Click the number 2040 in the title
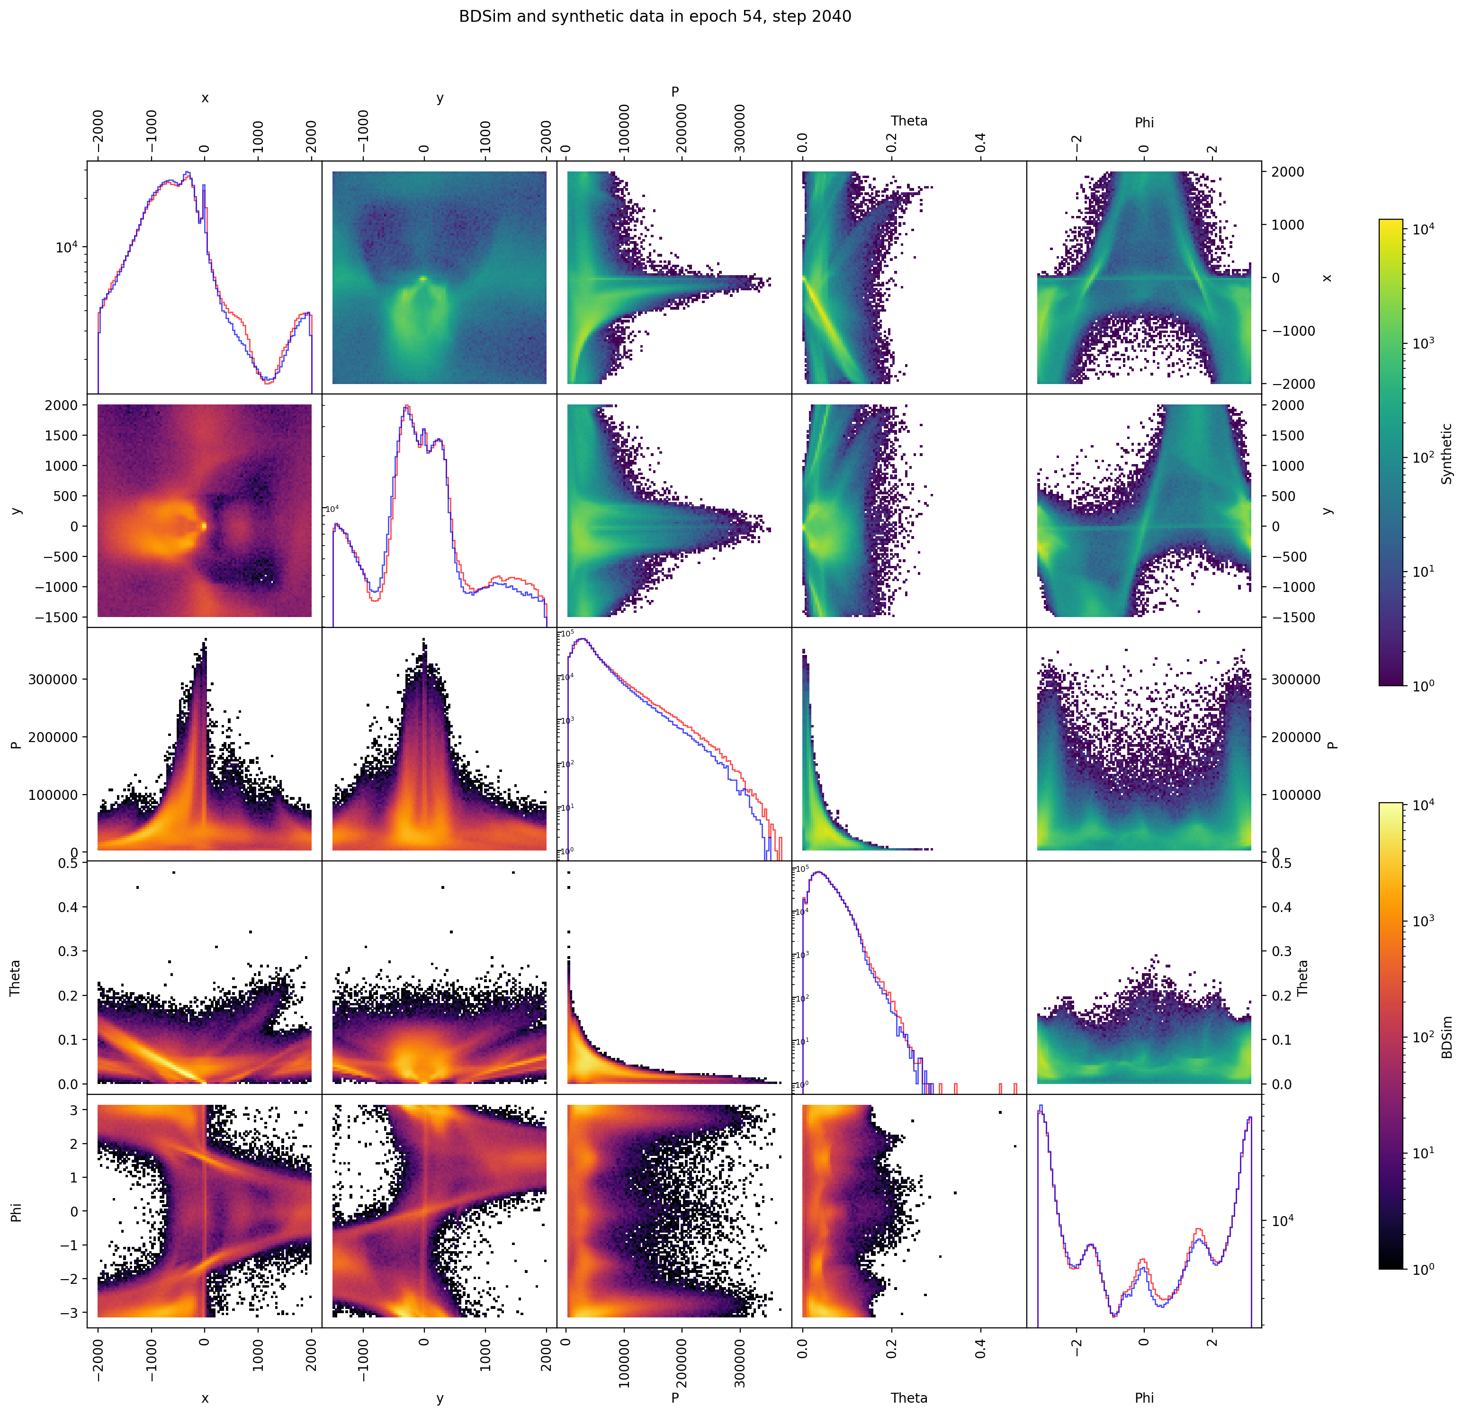click(828, 17)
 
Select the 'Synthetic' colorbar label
click(1446, 454)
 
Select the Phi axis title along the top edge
click(1143, 122)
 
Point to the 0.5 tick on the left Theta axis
click(67, 863)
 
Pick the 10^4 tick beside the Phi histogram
click(1284, 1221)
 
